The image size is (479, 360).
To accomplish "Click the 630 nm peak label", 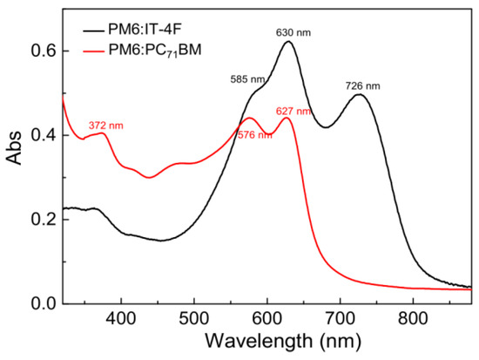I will pos(292,32).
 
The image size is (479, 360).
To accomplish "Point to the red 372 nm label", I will pos(106,126).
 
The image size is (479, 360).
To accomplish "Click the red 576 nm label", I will pos(255,134).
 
